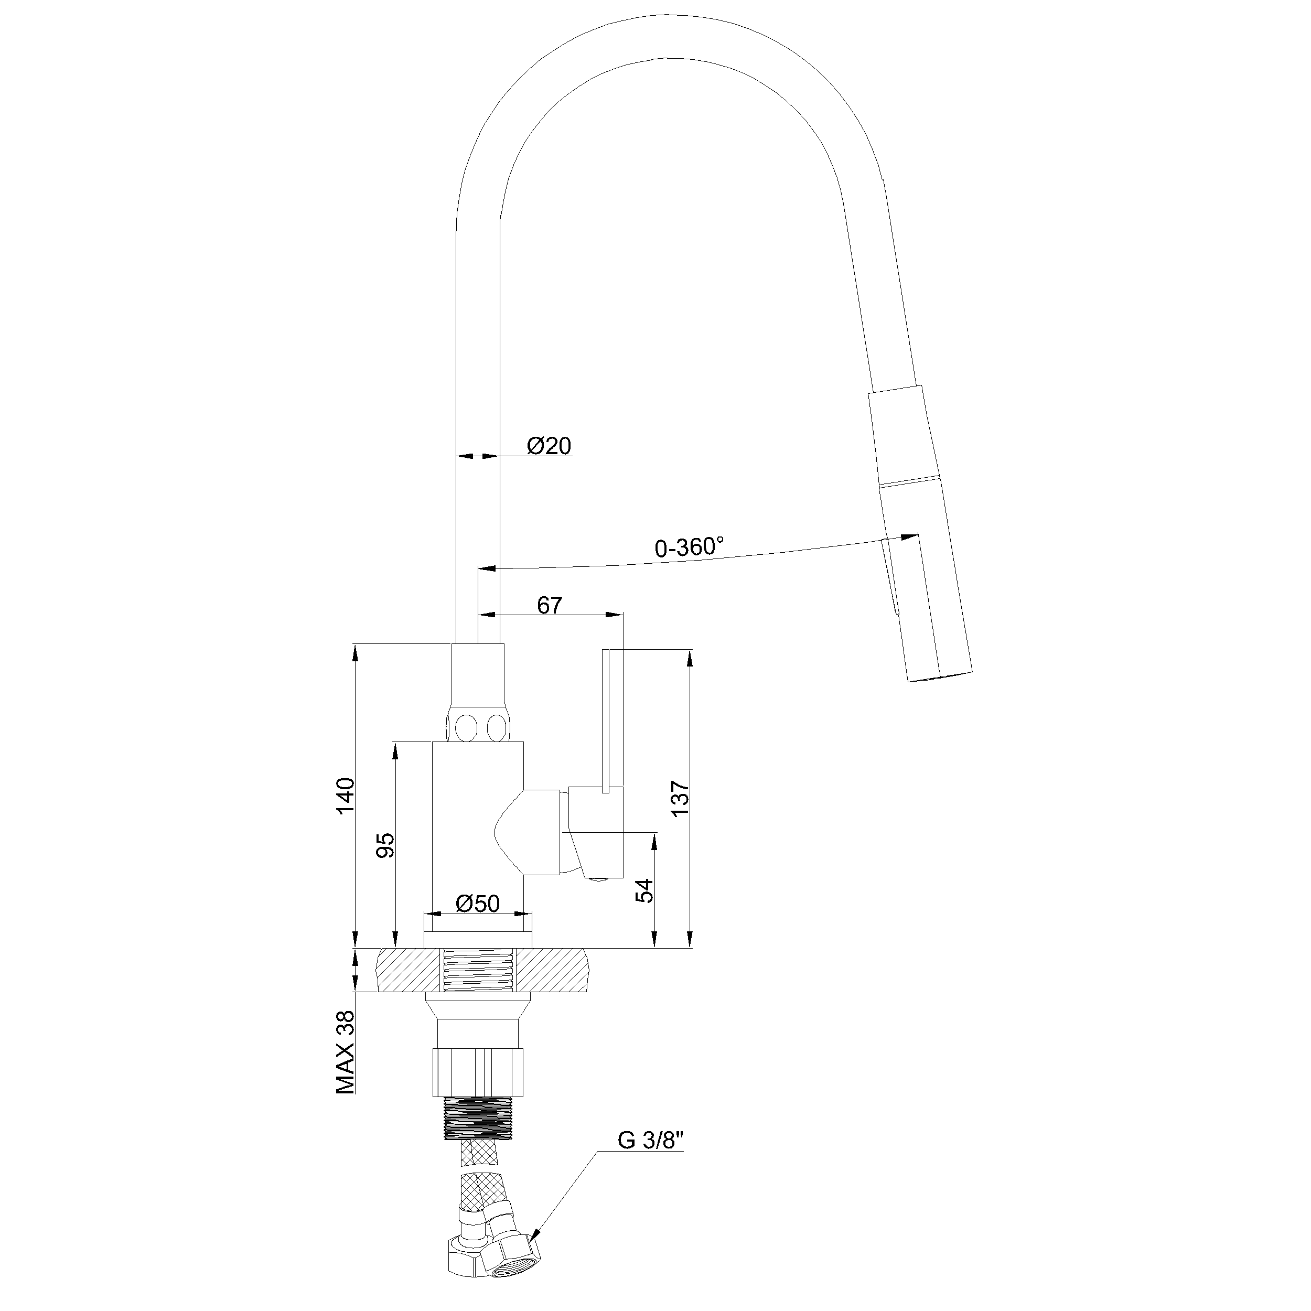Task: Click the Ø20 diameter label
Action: (549, 446)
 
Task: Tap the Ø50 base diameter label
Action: (478, 903)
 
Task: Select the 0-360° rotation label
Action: (689, 547)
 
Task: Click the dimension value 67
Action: (550, 605)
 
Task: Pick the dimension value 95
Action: (385, 845)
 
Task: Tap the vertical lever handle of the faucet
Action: (612, 720)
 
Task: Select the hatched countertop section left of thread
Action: (407, 970)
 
